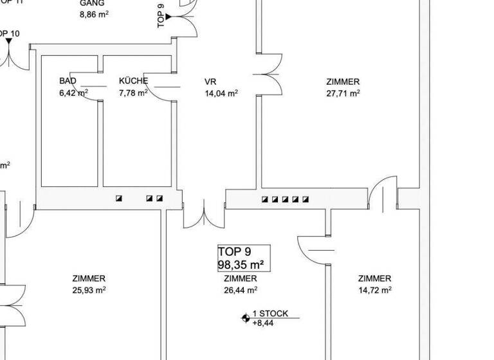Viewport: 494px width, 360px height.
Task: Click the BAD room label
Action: point(68,81)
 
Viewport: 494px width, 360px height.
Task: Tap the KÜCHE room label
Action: point(133,81)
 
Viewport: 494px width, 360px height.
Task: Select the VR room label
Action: point(210,82)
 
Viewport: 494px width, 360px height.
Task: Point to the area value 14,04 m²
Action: point(221,93)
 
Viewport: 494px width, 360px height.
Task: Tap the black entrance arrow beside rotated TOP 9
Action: point(169,17)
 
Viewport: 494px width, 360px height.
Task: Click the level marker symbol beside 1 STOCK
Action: point(245,317)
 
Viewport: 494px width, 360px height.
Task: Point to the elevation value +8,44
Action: point(262,323)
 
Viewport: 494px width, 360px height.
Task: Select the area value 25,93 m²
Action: point(89,290)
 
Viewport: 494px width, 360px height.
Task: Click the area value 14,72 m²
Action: point(374,290)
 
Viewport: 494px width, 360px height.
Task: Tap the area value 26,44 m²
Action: point(240,290)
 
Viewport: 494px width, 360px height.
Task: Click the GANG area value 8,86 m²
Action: point(93,14)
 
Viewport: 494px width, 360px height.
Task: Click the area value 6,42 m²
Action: point(73,93)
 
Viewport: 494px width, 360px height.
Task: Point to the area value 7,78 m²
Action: point(133,93)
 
